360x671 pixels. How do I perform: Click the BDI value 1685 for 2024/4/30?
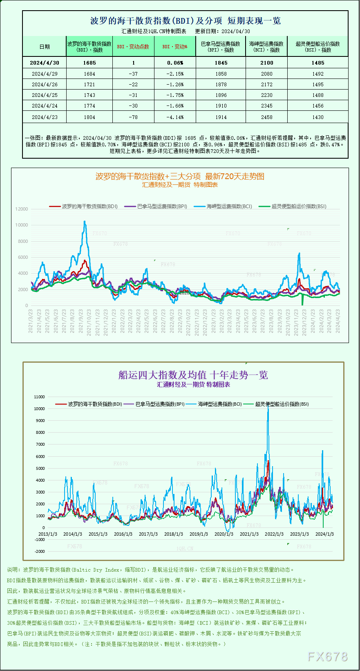(x=89, y=63)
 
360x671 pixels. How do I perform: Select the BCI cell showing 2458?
(x=266, y=117)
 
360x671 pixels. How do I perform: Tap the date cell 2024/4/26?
(x=45, y=85)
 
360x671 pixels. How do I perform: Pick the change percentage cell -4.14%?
(x=175, y=117)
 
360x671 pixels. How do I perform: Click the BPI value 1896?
(x=221, y=95)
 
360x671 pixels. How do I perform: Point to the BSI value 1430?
(x=318, y=117)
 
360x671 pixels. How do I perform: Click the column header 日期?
(x=45, y=47)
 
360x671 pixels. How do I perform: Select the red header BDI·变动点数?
(x=133, y=47)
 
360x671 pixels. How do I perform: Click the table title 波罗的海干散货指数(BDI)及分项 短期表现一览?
(x=185, y=21)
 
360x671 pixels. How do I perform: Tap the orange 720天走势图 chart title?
(x=180, y=176)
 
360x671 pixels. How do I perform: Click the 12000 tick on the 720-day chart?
(x=22, y=209)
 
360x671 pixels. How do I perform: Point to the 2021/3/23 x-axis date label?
(x=31, y=321)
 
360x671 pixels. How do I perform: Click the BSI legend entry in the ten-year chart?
(x=282, y=404)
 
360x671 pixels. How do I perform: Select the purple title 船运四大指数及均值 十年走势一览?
(x=193, y=375)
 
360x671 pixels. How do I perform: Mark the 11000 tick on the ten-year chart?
(x=39, y=397)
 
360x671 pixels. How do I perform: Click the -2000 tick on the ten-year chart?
(x=40, y=551)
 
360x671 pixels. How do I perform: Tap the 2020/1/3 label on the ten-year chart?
(x=224, y=534)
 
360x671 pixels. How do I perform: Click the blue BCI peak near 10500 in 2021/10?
(x=85, y=222)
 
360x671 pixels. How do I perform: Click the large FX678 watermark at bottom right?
(x=327, y=657)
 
